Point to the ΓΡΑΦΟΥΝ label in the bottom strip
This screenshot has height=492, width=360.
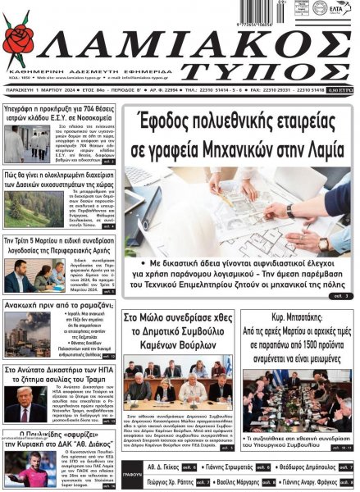point(134,472)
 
